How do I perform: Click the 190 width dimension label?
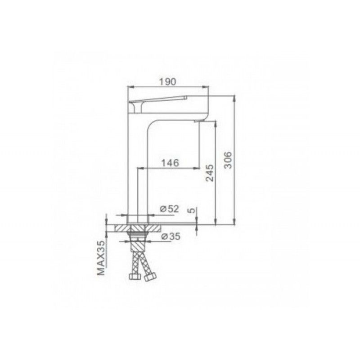[167, 81]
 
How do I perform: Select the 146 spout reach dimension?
[170, 163]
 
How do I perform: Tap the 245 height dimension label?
[209, 173]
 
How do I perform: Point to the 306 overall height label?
[228, 160]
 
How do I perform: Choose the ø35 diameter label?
[171, 236]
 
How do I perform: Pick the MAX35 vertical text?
[101, 258]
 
